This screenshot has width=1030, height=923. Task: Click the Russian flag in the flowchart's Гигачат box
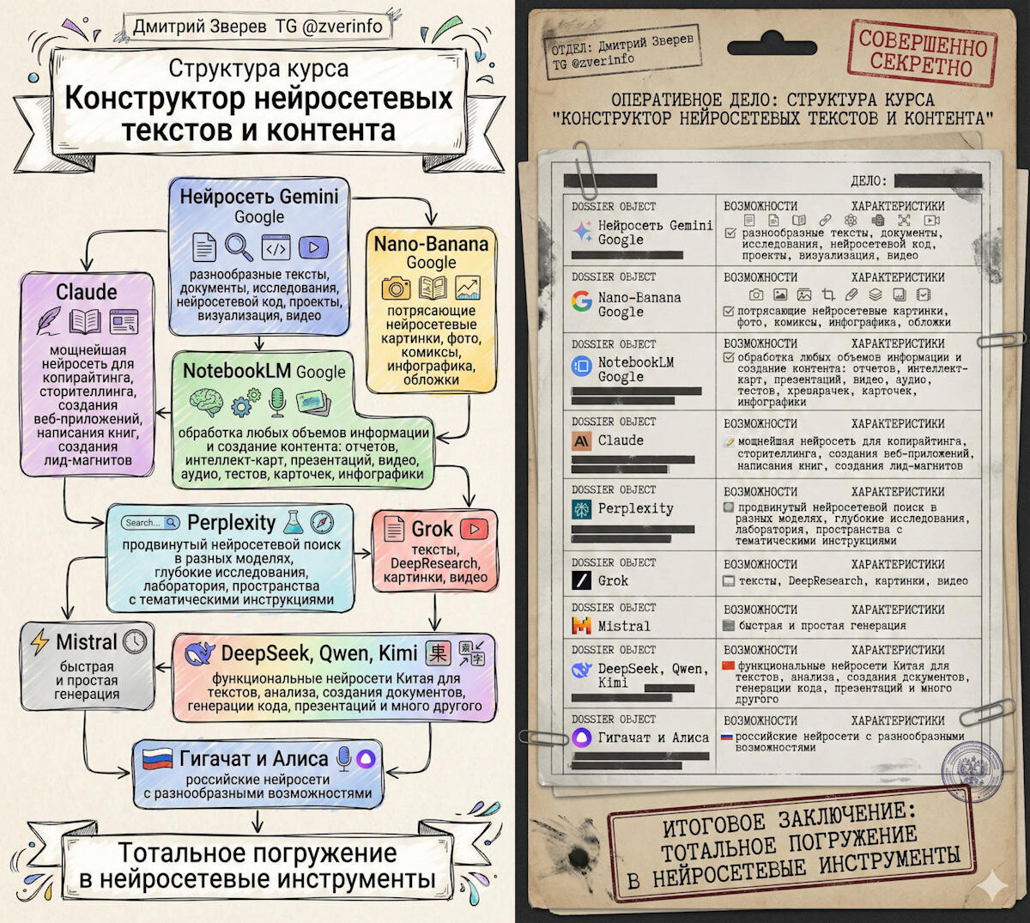point(157,759)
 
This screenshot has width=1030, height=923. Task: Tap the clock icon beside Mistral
point(136,641)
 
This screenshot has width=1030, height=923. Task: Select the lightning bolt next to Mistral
point(39,642)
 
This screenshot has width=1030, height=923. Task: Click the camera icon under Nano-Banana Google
point(396,288)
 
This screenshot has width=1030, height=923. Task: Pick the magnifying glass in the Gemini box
point(239,247)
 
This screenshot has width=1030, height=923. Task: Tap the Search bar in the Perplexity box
point(150,522)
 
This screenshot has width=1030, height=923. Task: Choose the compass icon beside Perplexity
point(322,522)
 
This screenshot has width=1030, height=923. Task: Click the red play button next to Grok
point(473,528)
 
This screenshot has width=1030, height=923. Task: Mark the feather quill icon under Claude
point(49,321)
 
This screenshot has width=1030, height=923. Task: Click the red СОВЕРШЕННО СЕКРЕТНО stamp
point(923,52)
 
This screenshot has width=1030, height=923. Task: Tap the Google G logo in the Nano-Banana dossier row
point(582,301)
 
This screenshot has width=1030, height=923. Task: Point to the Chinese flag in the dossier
point(729,665)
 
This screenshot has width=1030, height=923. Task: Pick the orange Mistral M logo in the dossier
point(581,626)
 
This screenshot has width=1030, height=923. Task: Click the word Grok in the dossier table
point(613,580)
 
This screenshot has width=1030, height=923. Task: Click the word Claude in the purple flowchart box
point(86,292)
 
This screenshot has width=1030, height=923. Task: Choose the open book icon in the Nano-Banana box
point(432,288)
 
